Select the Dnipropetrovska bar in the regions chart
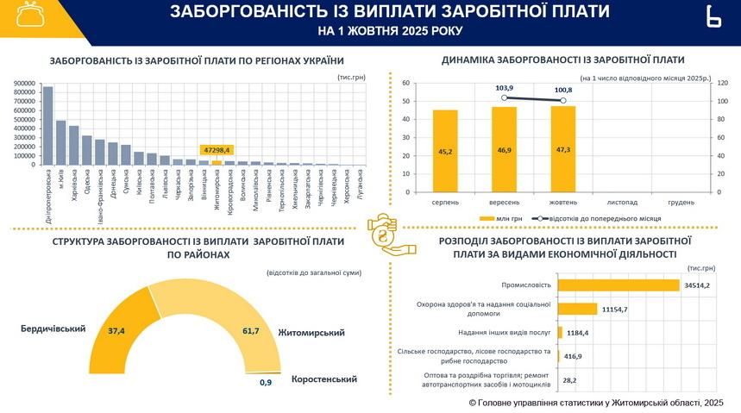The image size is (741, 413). coord(47,125)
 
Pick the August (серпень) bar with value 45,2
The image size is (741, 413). coord(445,152)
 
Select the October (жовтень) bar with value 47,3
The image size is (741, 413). coord(562,150)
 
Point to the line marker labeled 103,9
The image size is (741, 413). coord(505,97)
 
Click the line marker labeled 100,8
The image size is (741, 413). coord(562,101)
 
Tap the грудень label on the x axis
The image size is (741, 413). coord(681,203)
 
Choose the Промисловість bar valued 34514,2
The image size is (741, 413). coord(618,285)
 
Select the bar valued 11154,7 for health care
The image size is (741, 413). coord(577,308)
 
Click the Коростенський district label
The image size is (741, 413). coord(324,379)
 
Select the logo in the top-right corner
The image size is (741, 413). coord(713,17)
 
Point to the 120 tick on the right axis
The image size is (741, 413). coord(722,83)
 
